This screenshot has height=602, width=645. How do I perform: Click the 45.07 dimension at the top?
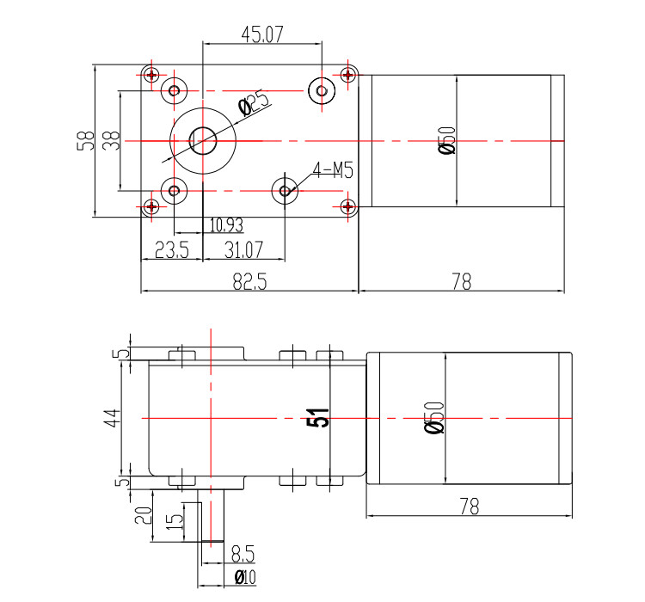tap(262, 34)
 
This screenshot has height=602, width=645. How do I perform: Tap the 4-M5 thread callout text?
tap(333, 170)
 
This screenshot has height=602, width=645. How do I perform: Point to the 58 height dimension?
tap(85, 141)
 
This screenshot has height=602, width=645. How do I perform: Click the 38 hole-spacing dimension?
tap(111, 140)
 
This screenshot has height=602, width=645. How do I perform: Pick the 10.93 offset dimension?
tap(226, 225)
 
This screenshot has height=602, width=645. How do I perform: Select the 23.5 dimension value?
tap(172, 249)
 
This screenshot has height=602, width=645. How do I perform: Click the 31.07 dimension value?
tap(243, 249)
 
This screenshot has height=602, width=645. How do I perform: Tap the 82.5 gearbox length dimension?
tap(249, 282)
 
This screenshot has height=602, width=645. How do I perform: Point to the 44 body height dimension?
tap(113, 418)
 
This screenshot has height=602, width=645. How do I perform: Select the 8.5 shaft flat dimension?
tap(243, 554)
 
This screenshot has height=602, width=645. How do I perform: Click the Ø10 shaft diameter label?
tap(245, 577)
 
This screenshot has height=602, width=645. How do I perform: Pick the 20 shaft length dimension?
tap(143, 516)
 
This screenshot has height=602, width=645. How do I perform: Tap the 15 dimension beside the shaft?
tap(175, 521)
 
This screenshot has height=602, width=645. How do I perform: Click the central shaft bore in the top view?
tap(203, 141)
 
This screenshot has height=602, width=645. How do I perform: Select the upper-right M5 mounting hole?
tap(322, 90)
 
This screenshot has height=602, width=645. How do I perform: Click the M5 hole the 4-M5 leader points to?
tap(285, 191)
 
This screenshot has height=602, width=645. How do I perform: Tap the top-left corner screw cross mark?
tap(151, 75)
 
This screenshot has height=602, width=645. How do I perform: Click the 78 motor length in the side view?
tap(470, 507)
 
